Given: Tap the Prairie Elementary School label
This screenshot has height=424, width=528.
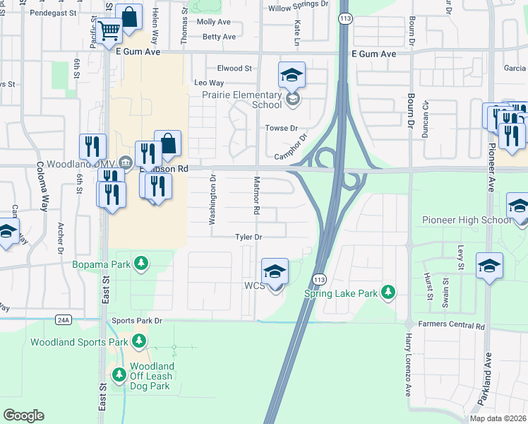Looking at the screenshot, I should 252,98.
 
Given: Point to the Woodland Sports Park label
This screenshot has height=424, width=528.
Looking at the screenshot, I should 79,342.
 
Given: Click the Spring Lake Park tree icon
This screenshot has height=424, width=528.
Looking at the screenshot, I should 387,292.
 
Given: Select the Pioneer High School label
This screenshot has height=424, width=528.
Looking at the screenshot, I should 467,220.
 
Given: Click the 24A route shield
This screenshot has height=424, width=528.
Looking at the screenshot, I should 63,320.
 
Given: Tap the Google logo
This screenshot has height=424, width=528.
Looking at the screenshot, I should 23,416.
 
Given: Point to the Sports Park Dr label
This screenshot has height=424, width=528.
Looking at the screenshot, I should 138,321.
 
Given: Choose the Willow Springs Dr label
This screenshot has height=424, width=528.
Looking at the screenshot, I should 298,9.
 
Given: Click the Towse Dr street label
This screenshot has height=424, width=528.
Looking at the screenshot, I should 277,128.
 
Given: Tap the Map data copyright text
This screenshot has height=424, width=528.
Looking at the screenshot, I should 498,418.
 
